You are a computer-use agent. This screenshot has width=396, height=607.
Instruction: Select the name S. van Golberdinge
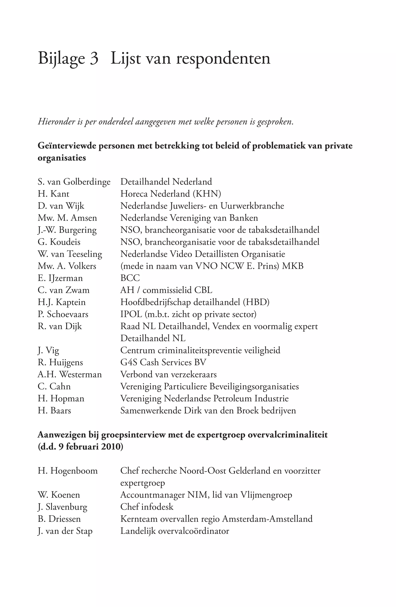pos(74,182)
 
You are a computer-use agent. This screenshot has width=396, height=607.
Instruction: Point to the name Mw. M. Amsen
pos(67,218)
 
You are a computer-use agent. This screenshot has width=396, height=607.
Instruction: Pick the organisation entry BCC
pos(130,278)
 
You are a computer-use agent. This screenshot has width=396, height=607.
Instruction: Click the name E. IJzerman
pos(60,278)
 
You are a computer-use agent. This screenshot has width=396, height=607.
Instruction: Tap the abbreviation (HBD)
pos(256,302)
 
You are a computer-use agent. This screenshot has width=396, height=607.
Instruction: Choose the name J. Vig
pos(48,350)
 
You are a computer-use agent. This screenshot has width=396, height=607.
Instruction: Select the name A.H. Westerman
pos(70,374)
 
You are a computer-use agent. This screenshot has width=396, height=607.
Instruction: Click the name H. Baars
pos(54,411)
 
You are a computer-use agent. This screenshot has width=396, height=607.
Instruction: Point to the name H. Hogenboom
pos(67,471)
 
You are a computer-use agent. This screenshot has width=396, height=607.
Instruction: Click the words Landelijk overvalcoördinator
pos(175,531)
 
